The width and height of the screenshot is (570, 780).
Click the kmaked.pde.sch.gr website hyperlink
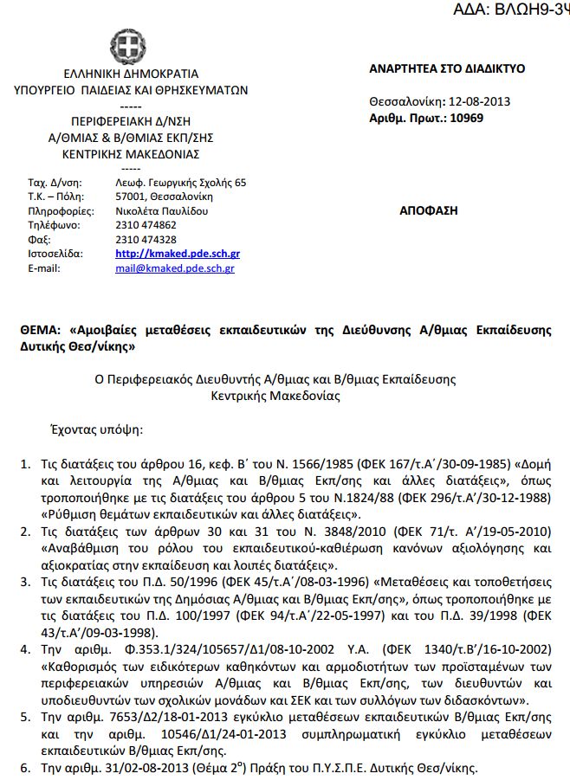(178, 254)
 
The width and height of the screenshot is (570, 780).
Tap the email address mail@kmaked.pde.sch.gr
(174, 268)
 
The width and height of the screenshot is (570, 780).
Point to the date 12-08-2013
(478, 101)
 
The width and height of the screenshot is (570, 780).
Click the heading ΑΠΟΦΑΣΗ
(428, 210)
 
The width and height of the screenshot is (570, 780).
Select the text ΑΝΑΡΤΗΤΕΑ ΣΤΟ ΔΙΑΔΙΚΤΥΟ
(447, 69)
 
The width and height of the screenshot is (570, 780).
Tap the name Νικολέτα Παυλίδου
(162, 210)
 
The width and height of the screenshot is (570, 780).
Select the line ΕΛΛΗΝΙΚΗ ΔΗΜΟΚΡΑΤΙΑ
(131, 74)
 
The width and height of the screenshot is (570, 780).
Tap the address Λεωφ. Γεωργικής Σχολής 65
(180, 183)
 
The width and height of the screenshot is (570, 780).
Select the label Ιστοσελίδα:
(55, 254)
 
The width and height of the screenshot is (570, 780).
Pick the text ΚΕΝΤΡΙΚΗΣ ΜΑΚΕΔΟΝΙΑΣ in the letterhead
(131, 154)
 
